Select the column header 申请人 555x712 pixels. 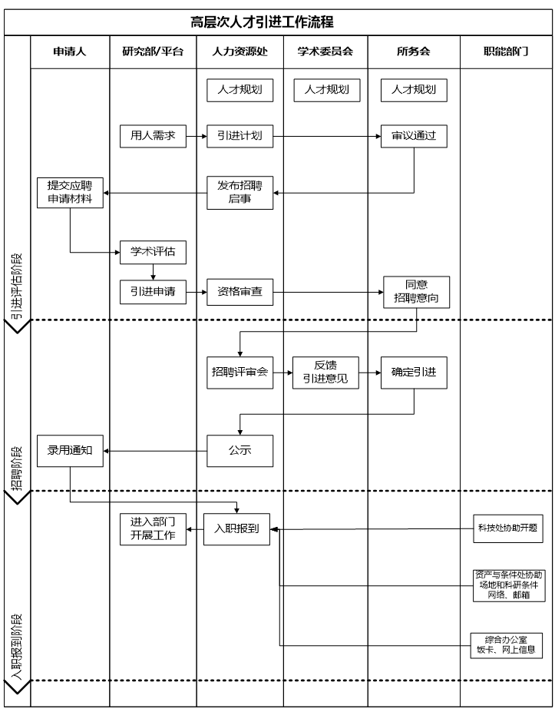point(69,53)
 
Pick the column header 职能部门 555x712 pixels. point(505,53)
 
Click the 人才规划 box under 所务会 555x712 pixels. point(414,90)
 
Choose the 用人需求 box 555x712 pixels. point(153,136)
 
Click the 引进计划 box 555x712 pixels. point(240,136)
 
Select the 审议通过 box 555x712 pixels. point(414,136)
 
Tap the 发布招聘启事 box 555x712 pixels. point(240,193)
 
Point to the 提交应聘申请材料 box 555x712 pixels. point(70,193)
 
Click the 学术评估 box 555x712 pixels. point(153,253)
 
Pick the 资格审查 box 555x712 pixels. point(240,292)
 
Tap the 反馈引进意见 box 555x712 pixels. point(325,373)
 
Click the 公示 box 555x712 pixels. point(240,451)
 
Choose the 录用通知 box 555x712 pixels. point(70,451)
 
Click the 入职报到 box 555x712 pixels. point(236,529)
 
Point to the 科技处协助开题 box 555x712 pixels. point(507,528)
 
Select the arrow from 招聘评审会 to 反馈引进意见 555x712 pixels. point(282,373)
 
